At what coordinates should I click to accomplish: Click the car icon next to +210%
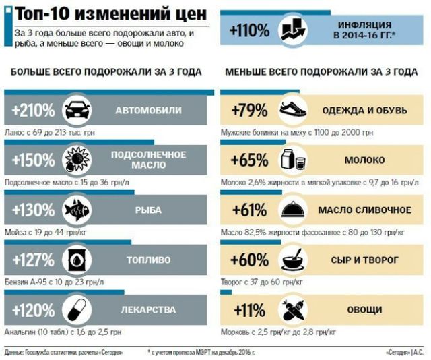76,110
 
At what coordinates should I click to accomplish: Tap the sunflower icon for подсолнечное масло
76,160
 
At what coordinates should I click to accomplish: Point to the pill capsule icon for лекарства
76,309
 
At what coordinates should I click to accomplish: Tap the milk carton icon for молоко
292,160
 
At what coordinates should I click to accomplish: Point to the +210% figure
34,110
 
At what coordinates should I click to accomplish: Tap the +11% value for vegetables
249,309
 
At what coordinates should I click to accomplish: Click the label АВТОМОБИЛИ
148,110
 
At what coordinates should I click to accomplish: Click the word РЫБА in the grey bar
148,210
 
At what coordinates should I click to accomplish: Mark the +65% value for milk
249,160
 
